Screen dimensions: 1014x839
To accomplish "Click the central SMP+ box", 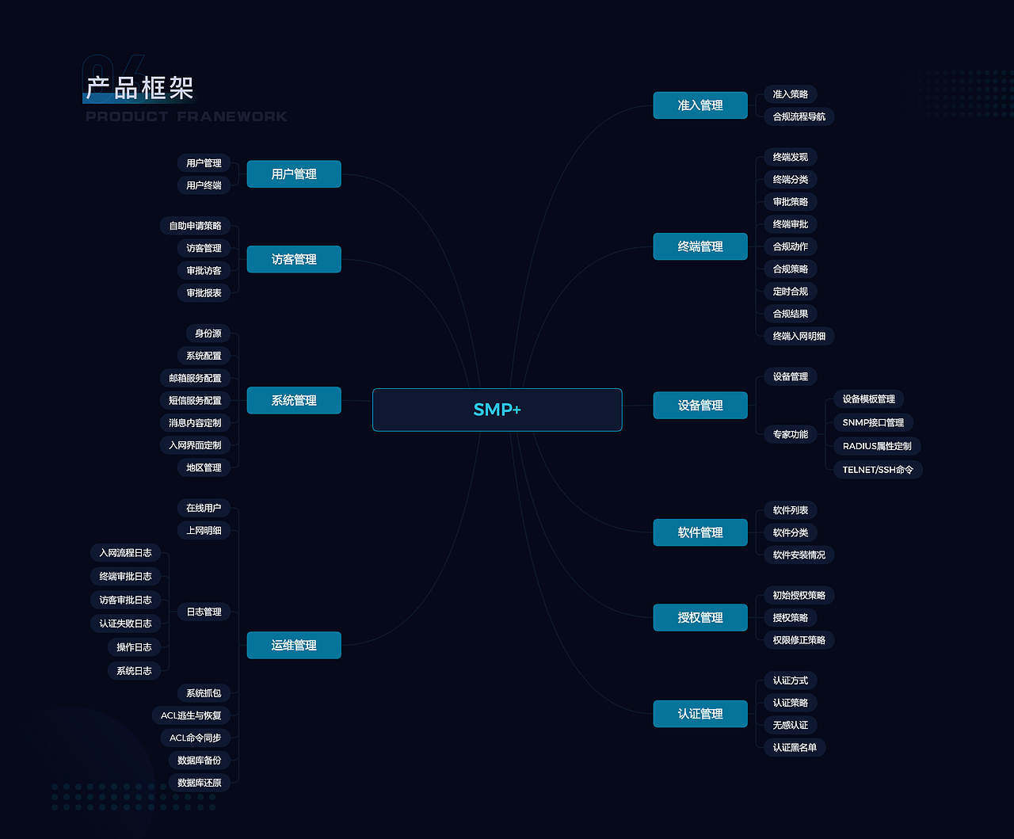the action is (497, 410).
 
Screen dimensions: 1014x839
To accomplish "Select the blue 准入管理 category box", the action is (700, 105).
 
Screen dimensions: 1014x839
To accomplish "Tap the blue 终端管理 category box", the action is (700, 246).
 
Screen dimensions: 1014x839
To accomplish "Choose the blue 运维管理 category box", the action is (294, 645).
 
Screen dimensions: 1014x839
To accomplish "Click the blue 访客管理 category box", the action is (294, 259).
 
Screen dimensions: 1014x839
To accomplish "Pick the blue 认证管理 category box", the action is (700, 713).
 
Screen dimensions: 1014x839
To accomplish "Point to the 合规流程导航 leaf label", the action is (799, 116).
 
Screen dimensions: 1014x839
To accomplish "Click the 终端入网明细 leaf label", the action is (799, 336).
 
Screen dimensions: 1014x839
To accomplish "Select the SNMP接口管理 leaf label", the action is (873, 422).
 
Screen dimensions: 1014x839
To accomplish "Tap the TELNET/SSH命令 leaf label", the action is (878, 469).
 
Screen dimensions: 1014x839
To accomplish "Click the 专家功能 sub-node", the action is (790, 434).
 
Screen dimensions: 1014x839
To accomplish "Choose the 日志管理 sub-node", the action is (204, 611).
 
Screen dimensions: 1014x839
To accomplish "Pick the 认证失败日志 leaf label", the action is (125, 624).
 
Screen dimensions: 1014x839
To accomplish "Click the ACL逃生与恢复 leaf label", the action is (191, 715).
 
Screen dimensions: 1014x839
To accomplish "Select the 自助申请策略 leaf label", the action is (195, 226).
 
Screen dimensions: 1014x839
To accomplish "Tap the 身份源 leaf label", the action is (208, 334).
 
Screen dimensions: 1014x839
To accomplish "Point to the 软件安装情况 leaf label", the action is (799, 555).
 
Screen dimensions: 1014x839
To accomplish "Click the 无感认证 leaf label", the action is (790, 725).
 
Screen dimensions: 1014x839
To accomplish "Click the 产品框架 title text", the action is (140, 88).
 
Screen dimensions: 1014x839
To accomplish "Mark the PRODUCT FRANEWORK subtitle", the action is (186, 116).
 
